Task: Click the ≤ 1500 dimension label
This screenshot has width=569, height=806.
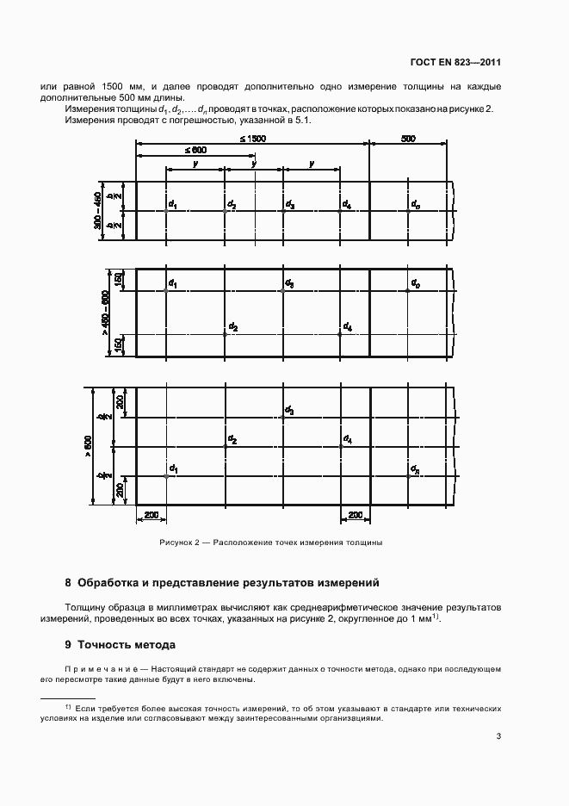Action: coord(253,139)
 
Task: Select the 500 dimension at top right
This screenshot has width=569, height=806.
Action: coord(408,139)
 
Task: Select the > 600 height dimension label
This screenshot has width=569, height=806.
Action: coord(87,446)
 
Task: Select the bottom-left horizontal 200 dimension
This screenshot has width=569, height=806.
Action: coord(152,514)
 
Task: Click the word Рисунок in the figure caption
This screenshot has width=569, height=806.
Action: coord(176,543)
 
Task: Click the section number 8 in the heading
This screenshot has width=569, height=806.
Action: coord(68,582)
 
